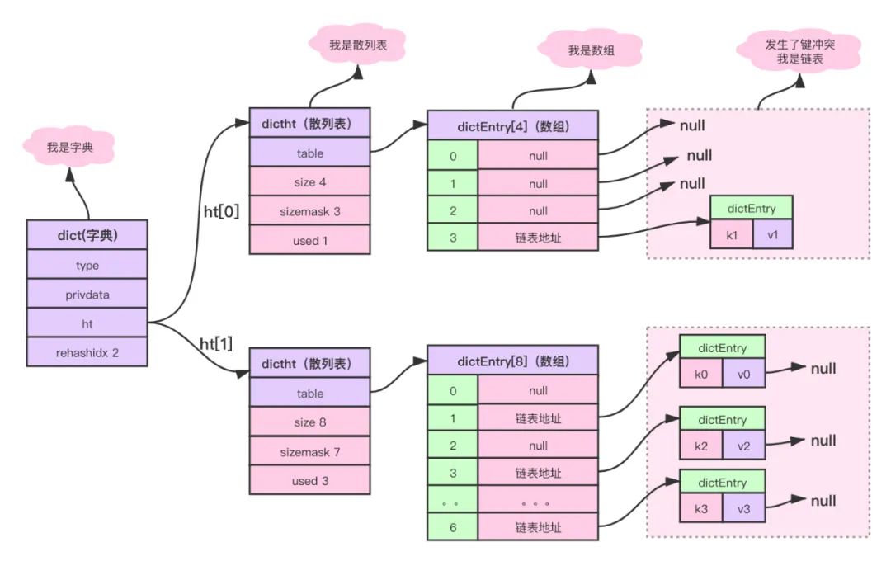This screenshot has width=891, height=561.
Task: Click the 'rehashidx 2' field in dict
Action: (87, 352)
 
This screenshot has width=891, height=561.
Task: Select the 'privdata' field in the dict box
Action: (87, 294)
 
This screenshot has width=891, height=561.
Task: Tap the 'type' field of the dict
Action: (87, 265)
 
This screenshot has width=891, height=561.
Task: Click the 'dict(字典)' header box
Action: (87, 235)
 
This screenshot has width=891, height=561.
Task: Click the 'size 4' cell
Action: (310, 181)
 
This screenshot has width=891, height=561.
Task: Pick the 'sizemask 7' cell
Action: (310, 451)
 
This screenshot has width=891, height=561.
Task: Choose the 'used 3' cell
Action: (310, 480)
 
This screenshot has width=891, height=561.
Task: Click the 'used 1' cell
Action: (310, 240)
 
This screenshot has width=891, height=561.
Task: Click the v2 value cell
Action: (744, 447)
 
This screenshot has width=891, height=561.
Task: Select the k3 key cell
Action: (701, 509)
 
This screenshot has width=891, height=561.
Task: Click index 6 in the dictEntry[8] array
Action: (452, 526)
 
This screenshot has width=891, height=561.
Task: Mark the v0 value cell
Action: (744, 374)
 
